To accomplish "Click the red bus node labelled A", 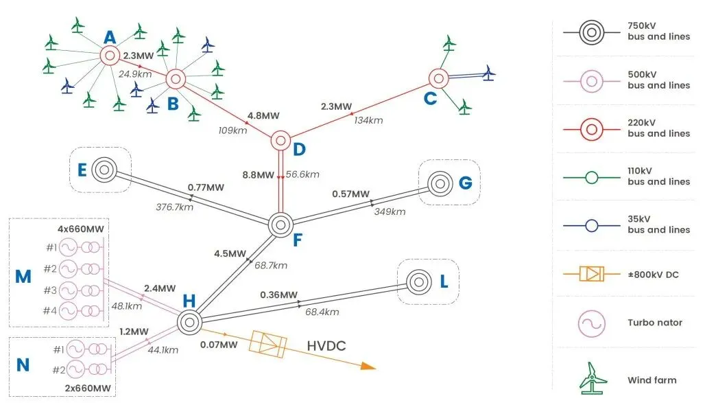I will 108,56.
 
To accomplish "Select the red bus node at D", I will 280,141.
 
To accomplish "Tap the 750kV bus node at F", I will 280,224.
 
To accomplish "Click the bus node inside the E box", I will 104,170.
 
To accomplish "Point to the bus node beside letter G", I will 439,183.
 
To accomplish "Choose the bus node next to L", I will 418,281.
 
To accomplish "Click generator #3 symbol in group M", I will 68,289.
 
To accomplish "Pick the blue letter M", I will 23,277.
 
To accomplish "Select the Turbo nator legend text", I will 655,323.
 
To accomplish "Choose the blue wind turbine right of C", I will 488,72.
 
